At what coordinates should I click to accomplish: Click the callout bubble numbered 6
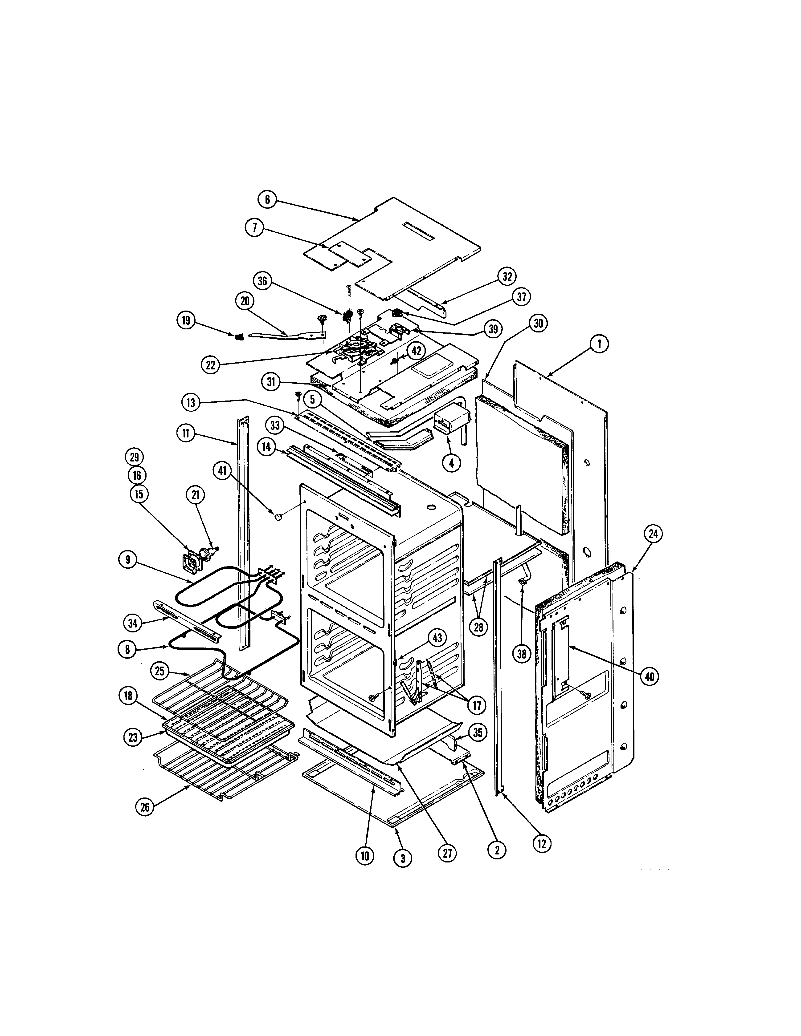coord(267,200)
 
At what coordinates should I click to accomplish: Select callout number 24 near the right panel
coord(654,534)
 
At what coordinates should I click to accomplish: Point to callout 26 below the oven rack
coord(145,807)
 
